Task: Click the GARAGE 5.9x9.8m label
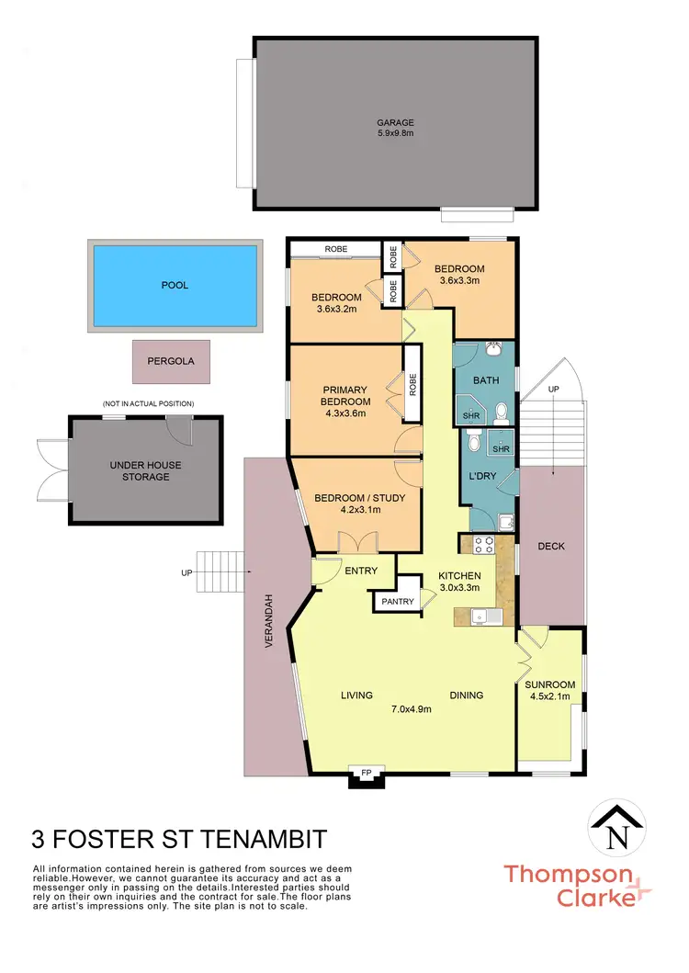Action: (x=395, y=128)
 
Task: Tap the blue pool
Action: (x=175, y=285)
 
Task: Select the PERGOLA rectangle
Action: (x=171, y=362)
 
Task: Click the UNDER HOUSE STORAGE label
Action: (x=146, y=470)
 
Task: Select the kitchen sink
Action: (x=480, y=617)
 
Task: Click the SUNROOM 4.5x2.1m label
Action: (x=550, y=690)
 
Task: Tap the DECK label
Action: (x=551, y=546)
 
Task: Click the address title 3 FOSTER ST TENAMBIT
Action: (x=178, y=839)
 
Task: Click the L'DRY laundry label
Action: (x=484, y=478)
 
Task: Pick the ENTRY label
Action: (x=361, y=571)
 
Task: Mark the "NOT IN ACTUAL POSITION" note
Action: (x=148, y=404)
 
